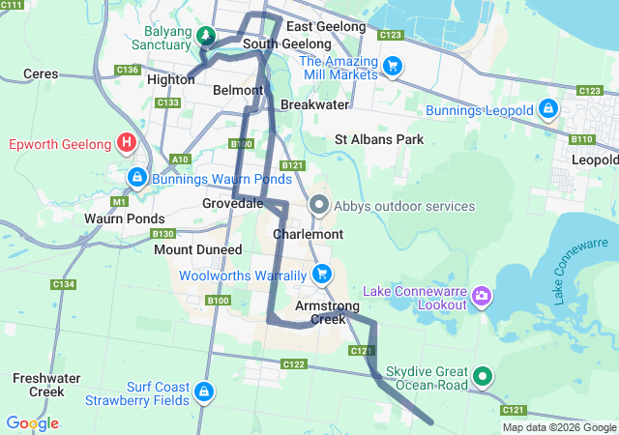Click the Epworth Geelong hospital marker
pos(126,144)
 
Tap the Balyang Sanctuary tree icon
pos(205,37)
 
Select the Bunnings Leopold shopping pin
pos(548,109)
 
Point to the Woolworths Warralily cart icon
pos(322,275)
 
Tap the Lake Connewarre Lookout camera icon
pos(481,294)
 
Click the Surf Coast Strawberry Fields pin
pos(203,391)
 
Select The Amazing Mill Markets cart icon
pos(393,66)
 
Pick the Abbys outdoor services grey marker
pos(320,206)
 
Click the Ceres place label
pos(41,73)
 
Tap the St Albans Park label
pos(379,139)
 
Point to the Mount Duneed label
pos(198,249)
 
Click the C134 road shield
pos(64,284)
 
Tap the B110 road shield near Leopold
pos(581,139)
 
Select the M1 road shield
pos(120,202)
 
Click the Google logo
pos(32,423)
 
